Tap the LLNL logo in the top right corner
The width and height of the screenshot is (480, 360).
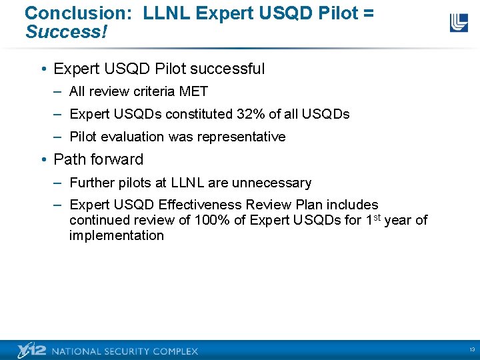(x=459, y=23)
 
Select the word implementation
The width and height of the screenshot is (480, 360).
(x=116, y=235)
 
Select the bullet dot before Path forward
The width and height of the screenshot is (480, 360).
(x=43, y=160)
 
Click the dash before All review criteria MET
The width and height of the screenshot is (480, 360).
(x=58, y=91)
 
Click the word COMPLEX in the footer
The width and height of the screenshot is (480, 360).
(x=175, y=351)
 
